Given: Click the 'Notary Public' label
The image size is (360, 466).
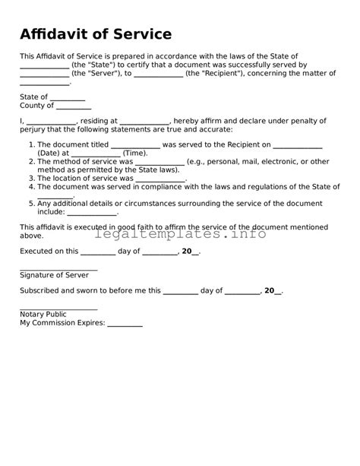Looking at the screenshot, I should (43, 314).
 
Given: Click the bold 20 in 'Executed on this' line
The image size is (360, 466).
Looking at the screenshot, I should (187, 251).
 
